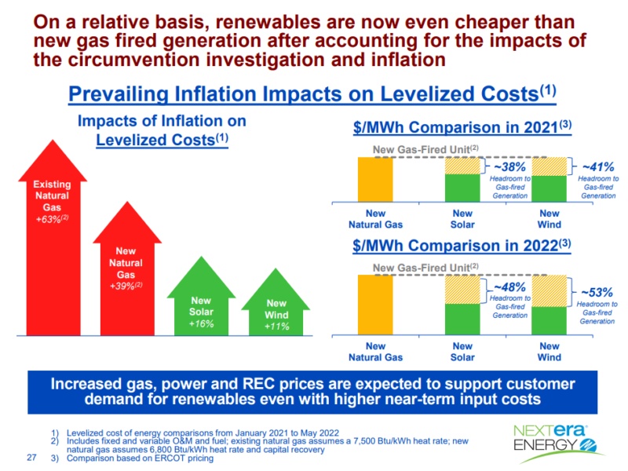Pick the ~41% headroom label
click(597, 166)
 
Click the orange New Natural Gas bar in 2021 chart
click(376, 180)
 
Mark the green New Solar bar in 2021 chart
click(462, 188)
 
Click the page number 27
click(32, 457)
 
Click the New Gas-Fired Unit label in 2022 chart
click(425, 268)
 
